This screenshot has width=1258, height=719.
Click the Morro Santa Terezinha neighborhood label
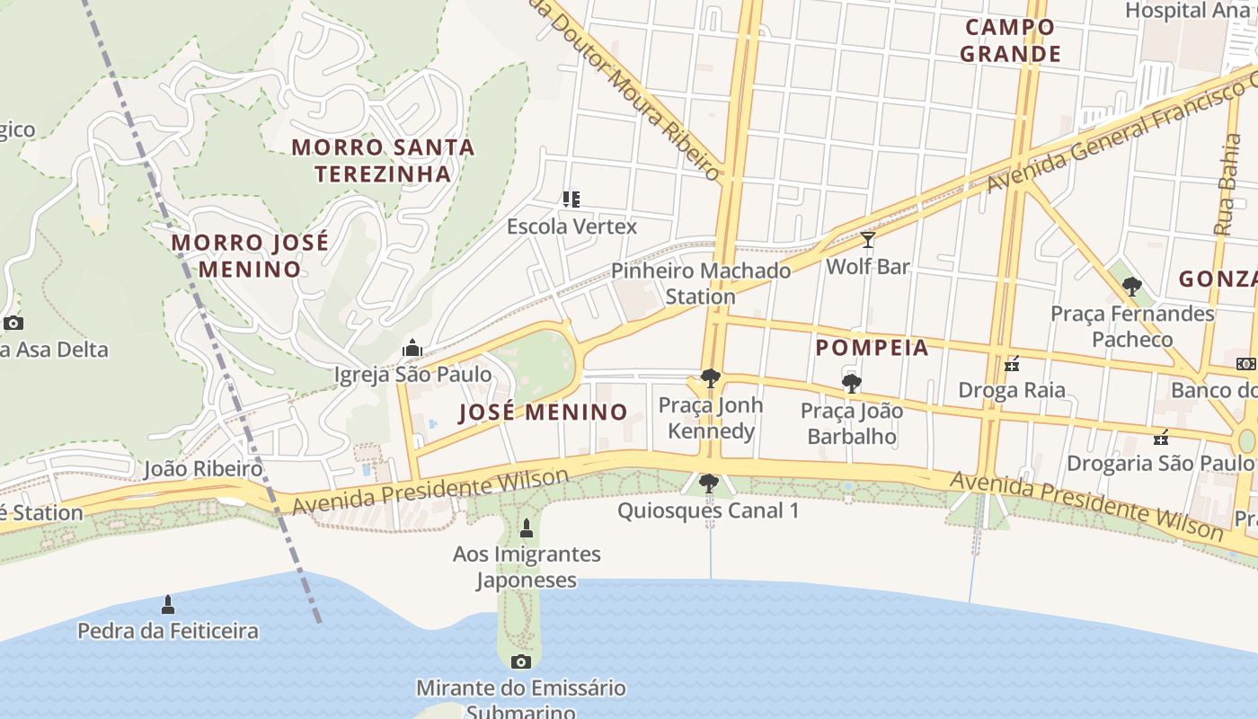coord(383,160)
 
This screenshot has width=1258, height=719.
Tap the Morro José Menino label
coord(250,256)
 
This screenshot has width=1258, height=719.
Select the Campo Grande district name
coord(1010,40)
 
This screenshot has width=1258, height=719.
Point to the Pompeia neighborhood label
coord(872,348)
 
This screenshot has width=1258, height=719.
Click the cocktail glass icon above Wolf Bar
coord(868,240)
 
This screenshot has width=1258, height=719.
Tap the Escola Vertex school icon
coord(571,199)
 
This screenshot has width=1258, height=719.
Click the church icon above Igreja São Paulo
coord(412,348)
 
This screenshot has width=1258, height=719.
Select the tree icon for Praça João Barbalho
coord(851,385)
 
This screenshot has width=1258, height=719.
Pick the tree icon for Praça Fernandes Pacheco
coord(1132,288)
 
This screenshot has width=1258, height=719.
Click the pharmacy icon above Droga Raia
coord(1012,364)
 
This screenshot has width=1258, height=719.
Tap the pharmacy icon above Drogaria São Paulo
coord(1161,438)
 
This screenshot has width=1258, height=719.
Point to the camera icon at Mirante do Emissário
coord(520,662)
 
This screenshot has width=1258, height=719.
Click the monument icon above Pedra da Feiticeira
coord(167,604)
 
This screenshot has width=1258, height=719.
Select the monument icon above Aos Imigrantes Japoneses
coord(527,528)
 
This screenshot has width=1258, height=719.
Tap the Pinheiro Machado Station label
coord(701,283)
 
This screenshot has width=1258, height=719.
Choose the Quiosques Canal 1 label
coord(708,510)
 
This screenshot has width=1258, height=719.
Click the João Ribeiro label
coord(203,468)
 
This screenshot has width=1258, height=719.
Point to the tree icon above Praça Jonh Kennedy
coord(710,378)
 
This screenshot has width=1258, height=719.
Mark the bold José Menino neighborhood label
coord(543,413)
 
